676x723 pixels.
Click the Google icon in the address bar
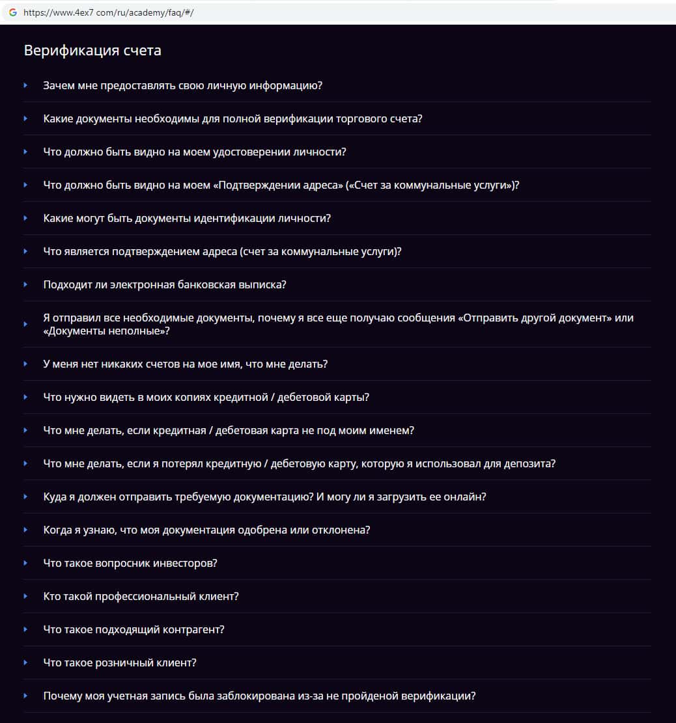pos(12,12)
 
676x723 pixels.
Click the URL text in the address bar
pos(108,12)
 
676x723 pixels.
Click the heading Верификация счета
pos(92,51)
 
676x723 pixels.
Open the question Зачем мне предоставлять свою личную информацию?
pos(183,85)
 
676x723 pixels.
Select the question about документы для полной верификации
pos(232,118)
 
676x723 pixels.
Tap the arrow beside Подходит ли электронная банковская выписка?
pos(25,284)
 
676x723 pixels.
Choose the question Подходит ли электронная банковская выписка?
pos(165,284)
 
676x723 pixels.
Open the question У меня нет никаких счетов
pos(185,364)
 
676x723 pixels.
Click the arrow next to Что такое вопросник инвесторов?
pos(25,563)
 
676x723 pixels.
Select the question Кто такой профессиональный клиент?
pos(141,596)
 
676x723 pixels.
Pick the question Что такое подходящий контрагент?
pos(134,629)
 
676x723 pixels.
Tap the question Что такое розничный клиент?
pos(120,662)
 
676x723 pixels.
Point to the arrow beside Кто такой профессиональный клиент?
pos(25,596)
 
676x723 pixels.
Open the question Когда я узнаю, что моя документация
pos(206,530)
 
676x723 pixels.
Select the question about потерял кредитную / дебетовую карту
pos(299,463)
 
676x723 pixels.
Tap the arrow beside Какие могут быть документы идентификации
pos(25,218)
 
